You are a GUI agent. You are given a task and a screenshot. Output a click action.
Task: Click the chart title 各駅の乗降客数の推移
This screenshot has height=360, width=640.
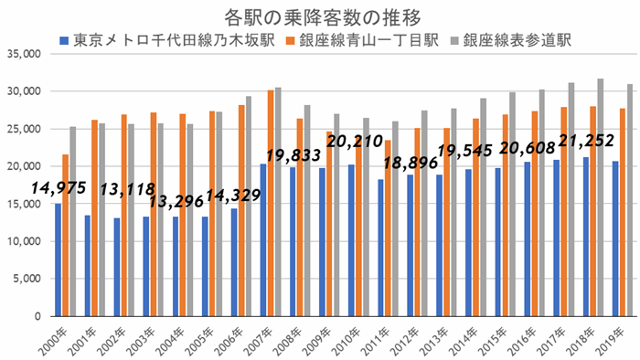321,17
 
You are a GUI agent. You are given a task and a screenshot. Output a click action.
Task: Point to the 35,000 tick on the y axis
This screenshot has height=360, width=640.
22,54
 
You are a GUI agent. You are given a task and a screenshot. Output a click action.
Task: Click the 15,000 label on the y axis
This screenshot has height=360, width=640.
22,204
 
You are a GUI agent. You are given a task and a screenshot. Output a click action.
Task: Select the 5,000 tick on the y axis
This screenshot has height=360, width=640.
25,279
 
